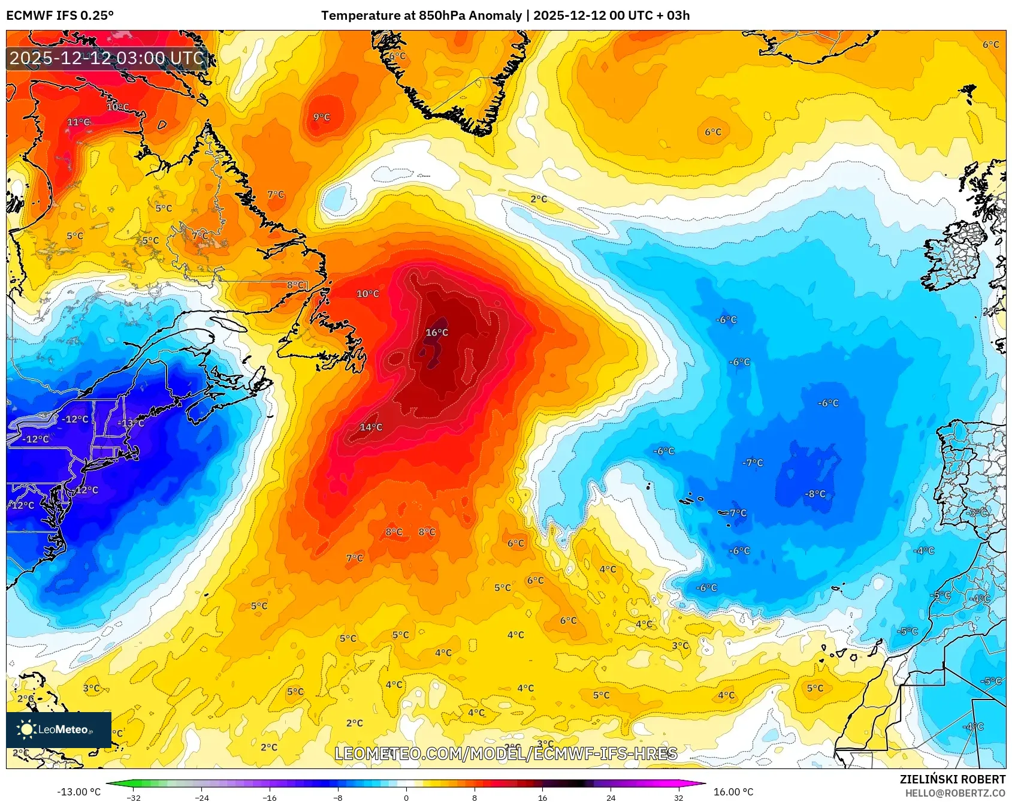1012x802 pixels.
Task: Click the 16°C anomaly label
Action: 437,333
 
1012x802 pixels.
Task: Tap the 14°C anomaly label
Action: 371,427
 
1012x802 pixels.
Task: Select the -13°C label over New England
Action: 131,423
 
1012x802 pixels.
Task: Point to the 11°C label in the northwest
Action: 78,122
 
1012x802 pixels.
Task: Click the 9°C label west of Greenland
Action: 322,117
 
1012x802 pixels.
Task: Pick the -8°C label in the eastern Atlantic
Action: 815,495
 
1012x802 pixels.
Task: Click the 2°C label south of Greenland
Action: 539,199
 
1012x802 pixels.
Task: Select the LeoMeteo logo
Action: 58,729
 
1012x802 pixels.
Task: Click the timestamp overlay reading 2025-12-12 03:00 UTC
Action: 107,58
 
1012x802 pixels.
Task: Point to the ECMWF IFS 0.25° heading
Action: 60,16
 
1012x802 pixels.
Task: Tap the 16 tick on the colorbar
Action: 542,798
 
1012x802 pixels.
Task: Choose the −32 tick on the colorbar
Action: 134,798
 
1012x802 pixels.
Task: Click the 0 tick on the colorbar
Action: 406,798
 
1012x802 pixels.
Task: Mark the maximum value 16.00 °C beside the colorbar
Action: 733,792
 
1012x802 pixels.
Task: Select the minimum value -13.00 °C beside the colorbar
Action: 79,792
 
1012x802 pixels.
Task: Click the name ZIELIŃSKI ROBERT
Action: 952,779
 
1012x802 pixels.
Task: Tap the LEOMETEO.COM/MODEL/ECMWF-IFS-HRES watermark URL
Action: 506,753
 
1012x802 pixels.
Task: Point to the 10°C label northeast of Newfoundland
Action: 368,294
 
